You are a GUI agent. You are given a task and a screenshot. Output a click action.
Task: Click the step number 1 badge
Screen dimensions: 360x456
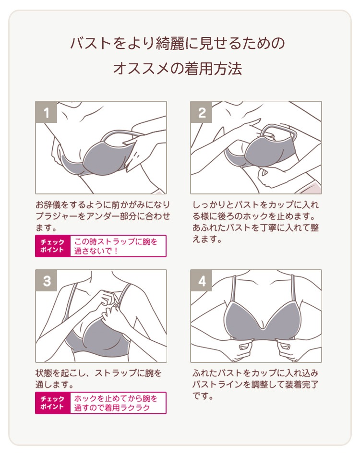click(x=46, y=112)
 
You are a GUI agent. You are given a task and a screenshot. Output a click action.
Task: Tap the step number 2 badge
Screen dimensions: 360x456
click(x=201, y=112)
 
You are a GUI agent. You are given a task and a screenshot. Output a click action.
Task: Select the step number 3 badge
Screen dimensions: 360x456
click(x=46, y=281)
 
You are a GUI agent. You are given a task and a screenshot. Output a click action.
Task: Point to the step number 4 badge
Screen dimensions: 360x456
click(x=201, y=281)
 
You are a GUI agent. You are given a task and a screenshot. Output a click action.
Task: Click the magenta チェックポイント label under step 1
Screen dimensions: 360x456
click(x=53, y=246)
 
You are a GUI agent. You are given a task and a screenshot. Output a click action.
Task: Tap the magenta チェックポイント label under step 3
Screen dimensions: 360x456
click(x=53, y=403)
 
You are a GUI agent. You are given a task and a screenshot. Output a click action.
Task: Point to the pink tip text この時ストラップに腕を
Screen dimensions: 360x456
click(x=116, y=241)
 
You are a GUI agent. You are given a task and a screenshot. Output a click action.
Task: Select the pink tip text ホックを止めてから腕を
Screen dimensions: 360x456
click(x=116, y=398)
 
